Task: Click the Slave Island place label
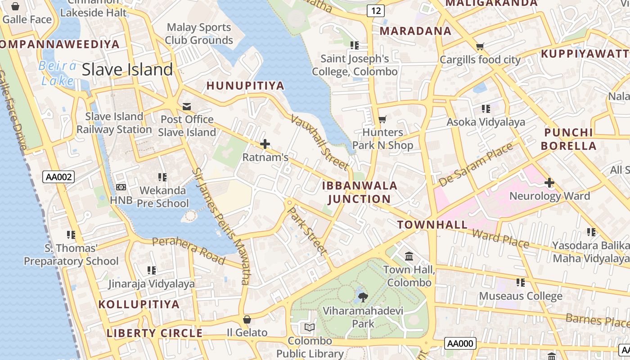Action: pos(127,69)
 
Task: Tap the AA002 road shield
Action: pos(58,177)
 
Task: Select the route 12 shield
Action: pos(375,11)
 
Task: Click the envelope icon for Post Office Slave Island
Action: pos(187,107)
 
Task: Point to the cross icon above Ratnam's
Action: pos(265,144)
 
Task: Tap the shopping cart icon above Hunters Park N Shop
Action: pos(382,119)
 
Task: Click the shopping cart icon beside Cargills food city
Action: pos(480,46)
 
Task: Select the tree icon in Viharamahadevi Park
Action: pos(363,297)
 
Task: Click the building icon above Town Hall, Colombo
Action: pos(409,256)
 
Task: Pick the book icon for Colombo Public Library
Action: pos(310,327)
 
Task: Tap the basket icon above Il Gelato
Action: pos(247,319)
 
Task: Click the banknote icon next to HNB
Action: pos(121,187)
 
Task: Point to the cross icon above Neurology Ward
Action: pos(549,183)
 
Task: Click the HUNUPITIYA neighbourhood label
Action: pos(245,85)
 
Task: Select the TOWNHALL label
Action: pos(432,225)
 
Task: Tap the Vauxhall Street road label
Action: pos(320,142)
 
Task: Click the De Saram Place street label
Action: pos(476,165)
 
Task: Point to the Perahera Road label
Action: pos(189,250)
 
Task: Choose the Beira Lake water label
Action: pos(58,73)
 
